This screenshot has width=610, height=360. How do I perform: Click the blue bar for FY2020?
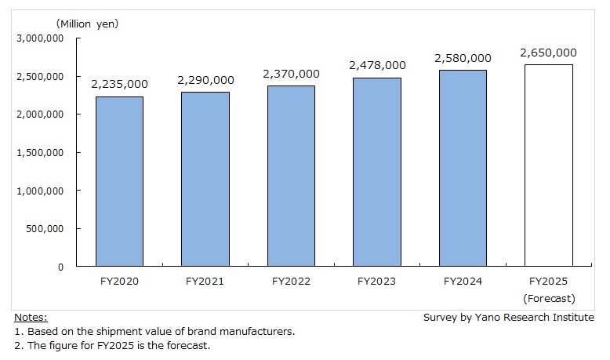click(x=119, y=181)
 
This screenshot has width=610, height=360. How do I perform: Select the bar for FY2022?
click(x=291, y=176)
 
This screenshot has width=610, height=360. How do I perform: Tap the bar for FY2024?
click(x=463, y=168)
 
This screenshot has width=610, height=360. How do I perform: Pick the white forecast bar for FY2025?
click(x=548, y=165)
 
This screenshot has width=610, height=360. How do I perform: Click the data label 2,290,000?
click(x=205, y=80)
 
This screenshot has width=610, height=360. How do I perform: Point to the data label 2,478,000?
click(x=377, y=65)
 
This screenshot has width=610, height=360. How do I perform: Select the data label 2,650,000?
click(x=548, y=53)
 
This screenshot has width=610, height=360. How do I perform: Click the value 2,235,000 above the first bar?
click(x=119, y=84)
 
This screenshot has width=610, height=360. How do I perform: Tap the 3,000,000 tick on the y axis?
click(x=38, y=38)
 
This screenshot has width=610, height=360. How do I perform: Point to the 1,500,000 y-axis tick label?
click(x=38, y=152)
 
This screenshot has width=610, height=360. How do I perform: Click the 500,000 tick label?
click(x=44, y=228)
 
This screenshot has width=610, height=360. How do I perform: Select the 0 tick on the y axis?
click(x=60, y=267)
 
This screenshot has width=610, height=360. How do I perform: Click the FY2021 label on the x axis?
click(x=205, y=282)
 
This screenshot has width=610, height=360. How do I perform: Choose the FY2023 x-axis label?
click(x=377, y=282)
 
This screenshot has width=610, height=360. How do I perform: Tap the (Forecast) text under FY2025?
click(x=548, y=298)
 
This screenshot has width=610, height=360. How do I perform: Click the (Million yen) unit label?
click(x=87, y=24)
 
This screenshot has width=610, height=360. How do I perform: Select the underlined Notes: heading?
click(x=30, y=318)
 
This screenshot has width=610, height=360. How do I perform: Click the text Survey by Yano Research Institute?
click(x=508, y=318)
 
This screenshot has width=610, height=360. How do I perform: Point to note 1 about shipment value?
click(x=154, y=332)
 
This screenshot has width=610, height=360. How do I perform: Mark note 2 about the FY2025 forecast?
click(x=112, y=346)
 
